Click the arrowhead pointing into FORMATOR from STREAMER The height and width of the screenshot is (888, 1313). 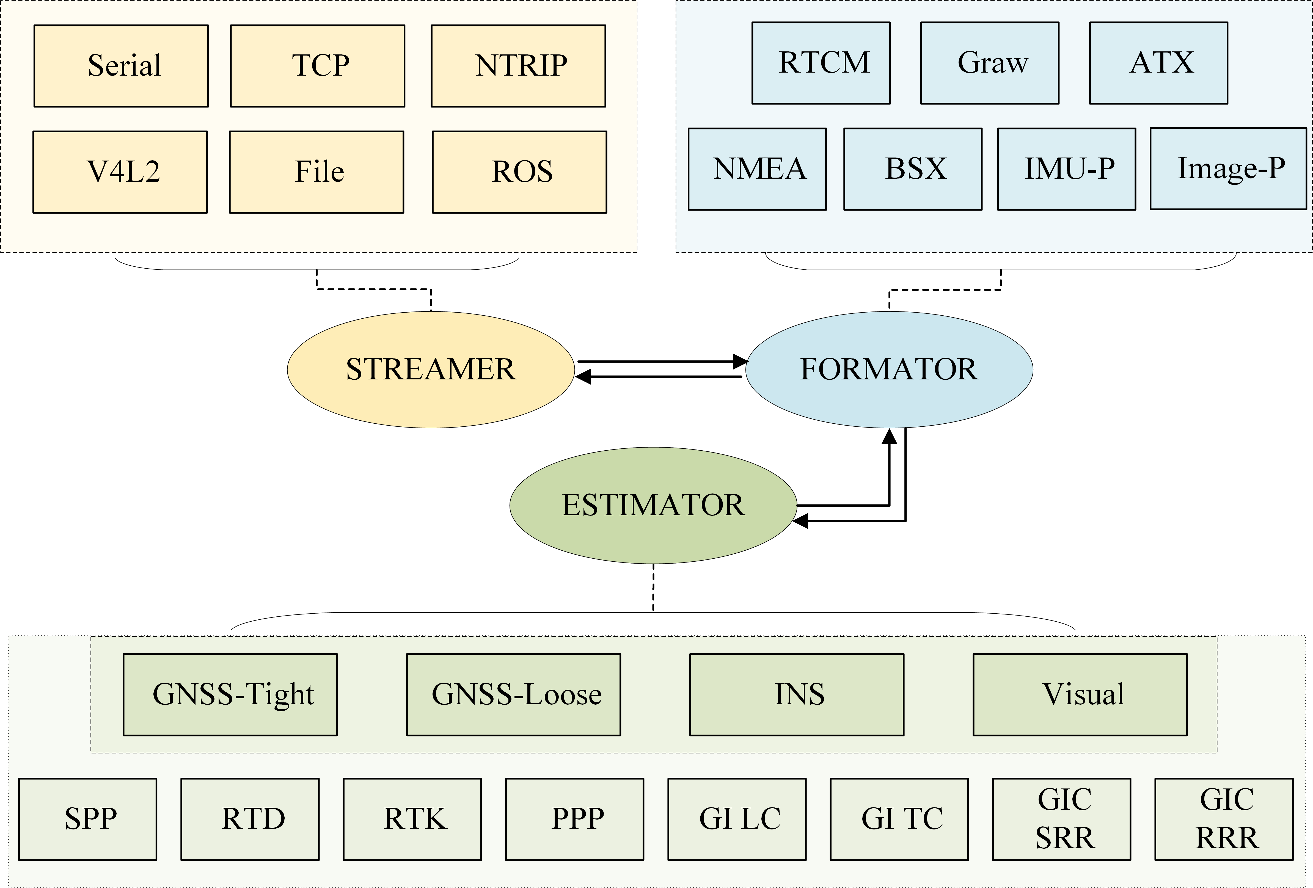740,362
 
